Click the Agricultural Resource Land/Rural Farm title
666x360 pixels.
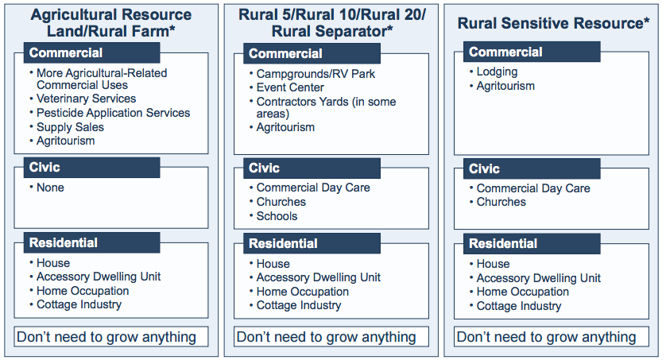(111, 23)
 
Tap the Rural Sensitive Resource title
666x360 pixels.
(553, 23)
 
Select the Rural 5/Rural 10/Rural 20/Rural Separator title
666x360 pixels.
(332, 23)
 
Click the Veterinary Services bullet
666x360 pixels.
(86, 99)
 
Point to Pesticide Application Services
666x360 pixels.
(113, 113)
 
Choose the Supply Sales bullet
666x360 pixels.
(70, 127)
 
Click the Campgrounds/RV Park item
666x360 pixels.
(316, 73)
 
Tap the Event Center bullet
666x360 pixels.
(290, 87)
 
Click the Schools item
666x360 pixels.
(277, 216)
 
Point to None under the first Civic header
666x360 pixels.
(50, 188)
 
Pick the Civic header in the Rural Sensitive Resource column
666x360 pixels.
(484, 168)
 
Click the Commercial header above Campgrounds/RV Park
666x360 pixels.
(285, 54)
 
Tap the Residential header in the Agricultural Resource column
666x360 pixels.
(63, 242)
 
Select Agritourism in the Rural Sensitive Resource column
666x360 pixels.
(505, 86)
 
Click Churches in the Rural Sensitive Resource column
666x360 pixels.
(501, 202)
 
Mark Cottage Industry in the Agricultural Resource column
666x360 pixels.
(79, 304)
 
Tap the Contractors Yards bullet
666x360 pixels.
(326, 107)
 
